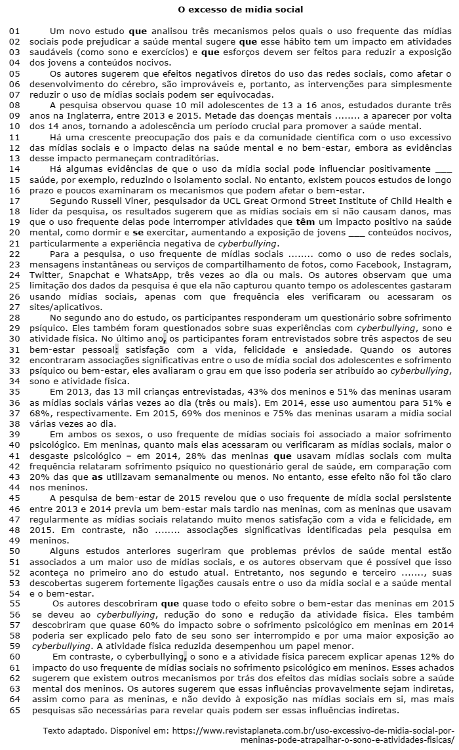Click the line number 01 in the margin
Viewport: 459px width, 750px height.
click(x=14, y=31)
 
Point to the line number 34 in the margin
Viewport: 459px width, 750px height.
click(x=14, y=380)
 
